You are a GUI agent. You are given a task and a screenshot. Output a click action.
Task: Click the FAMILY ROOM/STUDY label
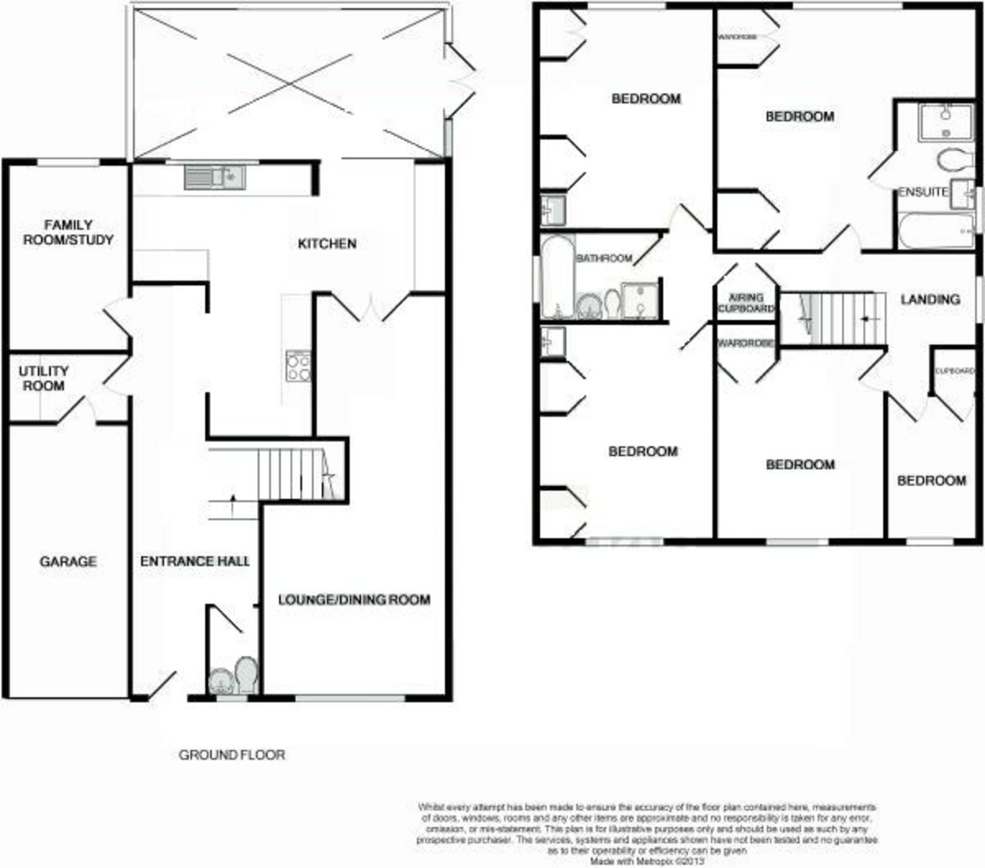click(67, 232)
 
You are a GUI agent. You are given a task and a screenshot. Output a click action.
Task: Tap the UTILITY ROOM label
click(44, 378)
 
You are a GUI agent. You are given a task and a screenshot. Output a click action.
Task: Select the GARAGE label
click(68, 562)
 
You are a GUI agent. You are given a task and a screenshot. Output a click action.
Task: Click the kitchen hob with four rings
click(298, 366)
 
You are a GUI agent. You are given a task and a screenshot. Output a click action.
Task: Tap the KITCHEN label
click(327, 244)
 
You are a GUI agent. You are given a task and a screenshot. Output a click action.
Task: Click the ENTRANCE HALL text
click(195, 561)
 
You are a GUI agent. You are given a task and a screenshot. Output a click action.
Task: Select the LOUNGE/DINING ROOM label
click(354, 600)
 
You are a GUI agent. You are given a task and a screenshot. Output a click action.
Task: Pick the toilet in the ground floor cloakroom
click(246, 674)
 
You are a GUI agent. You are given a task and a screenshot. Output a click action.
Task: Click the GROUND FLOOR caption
click(232, 755)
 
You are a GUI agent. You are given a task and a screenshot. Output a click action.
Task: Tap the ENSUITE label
click(923, 192)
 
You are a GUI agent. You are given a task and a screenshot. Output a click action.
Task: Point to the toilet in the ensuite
click(952, 158)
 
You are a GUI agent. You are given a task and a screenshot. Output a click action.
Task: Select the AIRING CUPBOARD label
click(746, 303)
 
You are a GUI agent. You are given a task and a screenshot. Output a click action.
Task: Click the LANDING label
click(930, 299)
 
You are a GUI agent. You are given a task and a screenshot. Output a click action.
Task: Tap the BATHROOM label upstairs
click(604, 258)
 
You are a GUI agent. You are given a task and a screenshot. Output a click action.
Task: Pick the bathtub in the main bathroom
click(557, 276)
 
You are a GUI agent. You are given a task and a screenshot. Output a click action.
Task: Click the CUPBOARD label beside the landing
click(955, 371)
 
